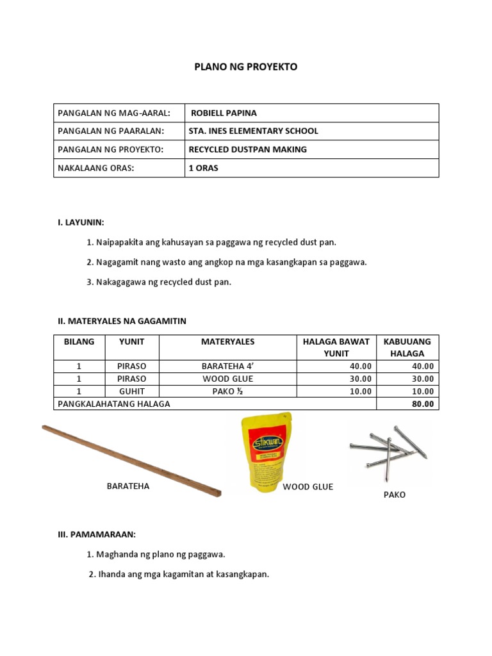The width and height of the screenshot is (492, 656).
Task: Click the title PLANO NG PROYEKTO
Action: (x=246, y=67)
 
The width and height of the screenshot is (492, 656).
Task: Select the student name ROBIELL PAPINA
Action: (x=224, y=113)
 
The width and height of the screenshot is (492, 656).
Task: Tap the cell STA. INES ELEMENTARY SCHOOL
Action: (x=253, y=131)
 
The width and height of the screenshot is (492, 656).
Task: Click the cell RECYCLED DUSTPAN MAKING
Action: (x=247, y=149)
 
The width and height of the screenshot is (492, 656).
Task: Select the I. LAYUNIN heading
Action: (x=81, y=222)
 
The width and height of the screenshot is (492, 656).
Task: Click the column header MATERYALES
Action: (x=227, y=341)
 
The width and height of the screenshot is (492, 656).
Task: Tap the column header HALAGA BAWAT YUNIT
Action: (x=336, y=347)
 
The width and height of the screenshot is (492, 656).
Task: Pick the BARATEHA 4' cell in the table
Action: (x=227, y=366)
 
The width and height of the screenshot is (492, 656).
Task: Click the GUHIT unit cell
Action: (x=131, y=391)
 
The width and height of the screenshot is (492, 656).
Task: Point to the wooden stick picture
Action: (x=131, y=461)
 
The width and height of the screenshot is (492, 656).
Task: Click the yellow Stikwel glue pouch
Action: (x=265, y=452)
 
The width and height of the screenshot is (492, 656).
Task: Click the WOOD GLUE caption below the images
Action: (x=308, y=487)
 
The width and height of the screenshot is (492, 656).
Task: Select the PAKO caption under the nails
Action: (x=394, y=495)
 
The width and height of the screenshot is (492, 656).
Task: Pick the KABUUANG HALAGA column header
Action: (x=407, y=347)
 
